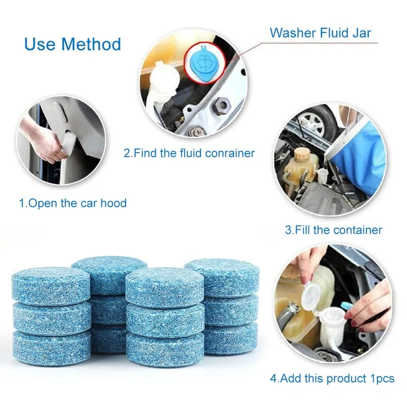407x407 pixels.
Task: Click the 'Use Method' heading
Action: (72, 44)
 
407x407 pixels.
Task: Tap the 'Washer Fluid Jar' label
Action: (321, 33)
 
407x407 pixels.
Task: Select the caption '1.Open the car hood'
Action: (73, 203)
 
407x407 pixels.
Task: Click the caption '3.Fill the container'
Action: (333, 230)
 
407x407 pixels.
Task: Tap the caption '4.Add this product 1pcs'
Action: (332, 379)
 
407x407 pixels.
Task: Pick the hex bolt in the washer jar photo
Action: (222, 106)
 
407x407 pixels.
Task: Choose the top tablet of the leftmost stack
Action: (50, 285)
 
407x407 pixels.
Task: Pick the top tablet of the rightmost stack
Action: (222, 277)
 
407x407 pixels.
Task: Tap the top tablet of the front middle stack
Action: (165, 287)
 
